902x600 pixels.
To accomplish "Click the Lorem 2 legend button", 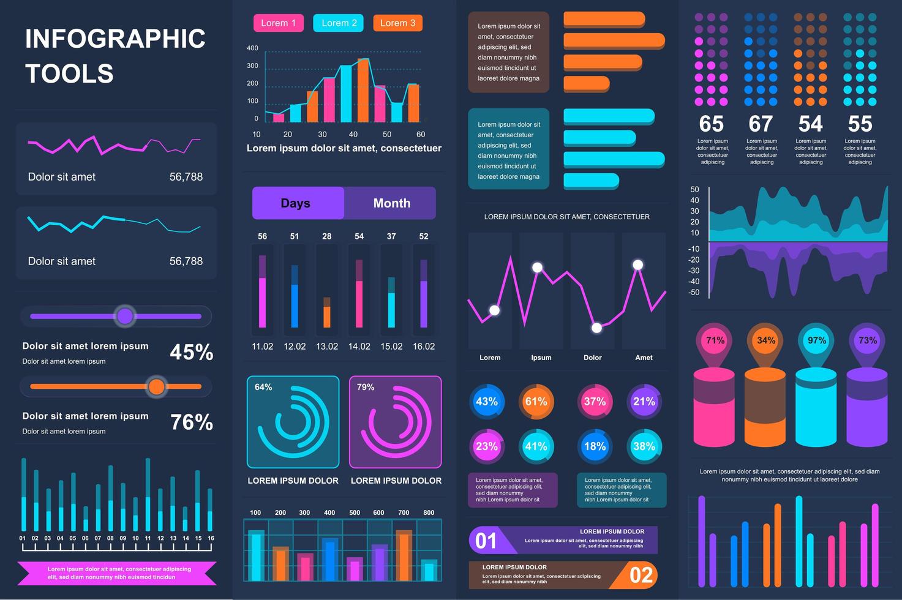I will [x=338, y=23].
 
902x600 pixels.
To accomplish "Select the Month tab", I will [x=391, y=203].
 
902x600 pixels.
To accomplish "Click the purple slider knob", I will [x=125, y=316].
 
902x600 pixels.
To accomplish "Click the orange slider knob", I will [x=157, y=386].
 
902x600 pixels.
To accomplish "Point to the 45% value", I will [x=191, y=352].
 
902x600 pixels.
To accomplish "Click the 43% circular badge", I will [x=487, y=402].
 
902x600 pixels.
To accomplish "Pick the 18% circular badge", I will [x=595, y=446].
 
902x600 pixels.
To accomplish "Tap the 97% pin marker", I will [x=816, y=341].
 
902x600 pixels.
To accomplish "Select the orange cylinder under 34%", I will [x=765, y=407].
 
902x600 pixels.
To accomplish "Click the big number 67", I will [x=761, y=124].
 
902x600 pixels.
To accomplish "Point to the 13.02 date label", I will [x=327, y=347].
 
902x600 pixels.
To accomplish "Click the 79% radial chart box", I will [x=395, y=422].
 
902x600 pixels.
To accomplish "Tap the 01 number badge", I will [x=486, y=541].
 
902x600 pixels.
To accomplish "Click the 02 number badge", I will [x=641, y=576].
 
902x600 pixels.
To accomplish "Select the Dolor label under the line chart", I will [x=592, y=358].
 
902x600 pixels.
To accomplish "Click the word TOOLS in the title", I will [x=69, y=74].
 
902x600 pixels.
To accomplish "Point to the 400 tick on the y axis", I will [x=252, y=48].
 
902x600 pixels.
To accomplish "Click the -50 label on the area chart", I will [x=694, y=293].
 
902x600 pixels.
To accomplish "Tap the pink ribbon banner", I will [x=117, y=573].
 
